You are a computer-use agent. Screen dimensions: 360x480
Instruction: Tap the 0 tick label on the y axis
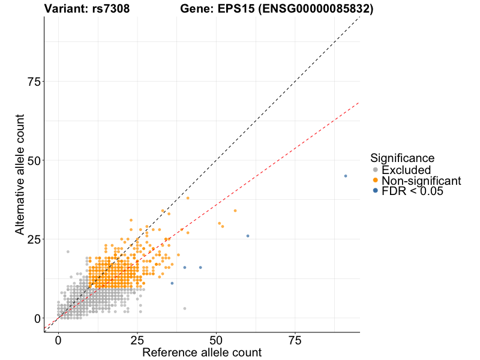[x=37, y=318]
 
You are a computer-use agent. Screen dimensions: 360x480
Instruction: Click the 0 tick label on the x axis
[x=58, y=341]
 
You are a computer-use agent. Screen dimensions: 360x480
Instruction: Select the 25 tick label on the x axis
[x=137, y=341]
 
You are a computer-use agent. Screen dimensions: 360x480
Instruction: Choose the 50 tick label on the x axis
[x=216, y=341]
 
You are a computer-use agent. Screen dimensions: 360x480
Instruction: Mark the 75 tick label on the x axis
[x=295, y=341]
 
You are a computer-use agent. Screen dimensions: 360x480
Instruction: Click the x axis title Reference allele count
[x=202, y=353]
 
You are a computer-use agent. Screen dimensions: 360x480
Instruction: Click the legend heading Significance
[x=402, y=158]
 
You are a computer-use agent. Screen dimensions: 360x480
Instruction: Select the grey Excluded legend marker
[x=376, y=170]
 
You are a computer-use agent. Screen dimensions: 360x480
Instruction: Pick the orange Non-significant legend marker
[x=376, y=181]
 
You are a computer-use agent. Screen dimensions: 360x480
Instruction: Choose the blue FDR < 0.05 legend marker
[x=376, y=191]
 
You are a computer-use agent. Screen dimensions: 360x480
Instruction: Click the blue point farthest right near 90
[x=346, y=176]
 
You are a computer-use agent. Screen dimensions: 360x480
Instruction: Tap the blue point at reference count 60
[x=248, y=236]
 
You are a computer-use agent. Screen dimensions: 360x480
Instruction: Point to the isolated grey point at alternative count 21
[x=68, y=251]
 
